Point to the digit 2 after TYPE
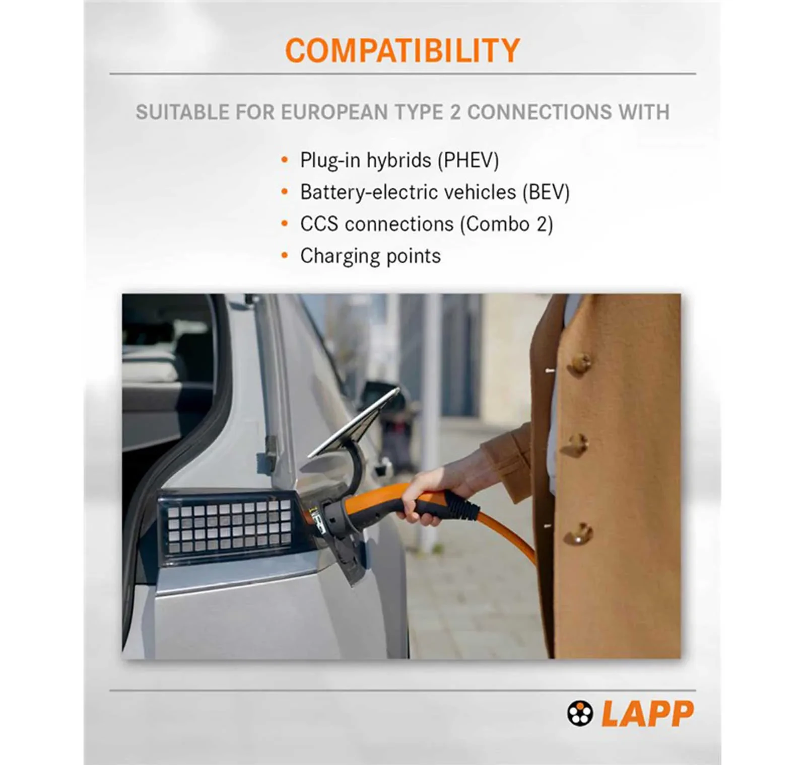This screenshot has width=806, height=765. click(x=455, y=112)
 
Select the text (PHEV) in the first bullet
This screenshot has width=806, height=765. click(x=468, y=161)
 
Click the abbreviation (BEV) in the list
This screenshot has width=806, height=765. click(x=546, y=192)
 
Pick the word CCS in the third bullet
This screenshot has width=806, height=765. click(x=319, y=224)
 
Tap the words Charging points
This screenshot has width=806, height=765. click(x=370, y=256)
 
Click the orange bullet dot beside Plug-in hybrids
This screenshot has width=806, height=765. click(x=285, y=160)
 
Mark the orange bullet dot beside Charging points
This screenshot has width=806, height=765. click(x=285, y=256)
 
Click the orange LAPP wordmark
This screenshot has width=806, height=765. click(x=648, y=713)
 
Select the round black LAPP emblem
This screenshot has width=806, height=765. click(x=580, y=713)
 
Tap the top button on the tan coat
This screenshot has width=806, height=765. click(x=580, y=362)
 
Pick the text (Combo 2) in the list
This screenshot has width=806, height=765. click(x=506, y=224)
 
